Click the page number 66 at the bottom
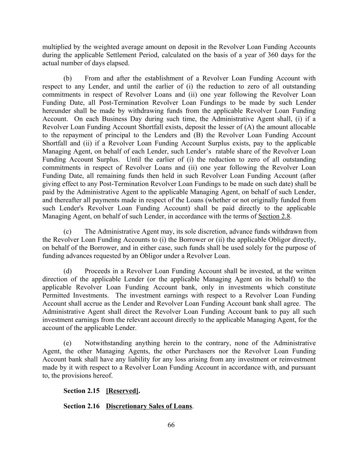(171, 425)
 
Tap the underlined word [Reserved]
(122, 391)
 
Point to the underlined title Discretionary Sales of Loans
(149, 406)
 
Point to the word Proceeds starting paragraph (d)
(98, 271)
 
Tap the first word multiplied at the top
(57, 47)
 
